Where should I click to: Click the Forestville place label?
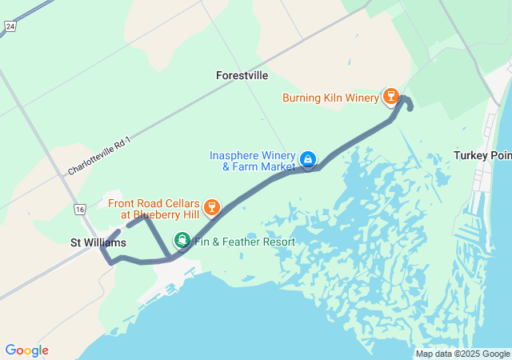click(x=242, y=75)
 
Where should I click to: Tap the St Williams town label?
click(x=98, y=242)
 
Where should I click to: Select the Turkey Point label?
click(x=482, y=155)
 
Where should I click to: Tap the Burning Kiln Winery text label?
click(x=330, y=98)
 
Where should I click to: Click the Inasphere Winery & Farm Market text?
click(x=253, y=161)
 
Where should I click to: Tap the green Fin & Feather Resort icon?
click(x=183, y=241)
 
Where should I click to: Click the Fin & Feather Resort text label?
click(x=245, y=242)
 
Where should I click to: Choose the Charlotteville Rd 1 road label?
click(x=98, y=156)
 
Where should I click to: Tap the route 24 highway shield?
click(x=9, y=26)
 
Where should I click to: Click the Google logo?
click(x=26, y=350)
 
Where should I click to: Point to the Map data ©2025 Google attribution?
click(x=462, y=354)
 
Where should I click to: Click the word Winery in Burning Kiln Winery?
click(x=362, y=98)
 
